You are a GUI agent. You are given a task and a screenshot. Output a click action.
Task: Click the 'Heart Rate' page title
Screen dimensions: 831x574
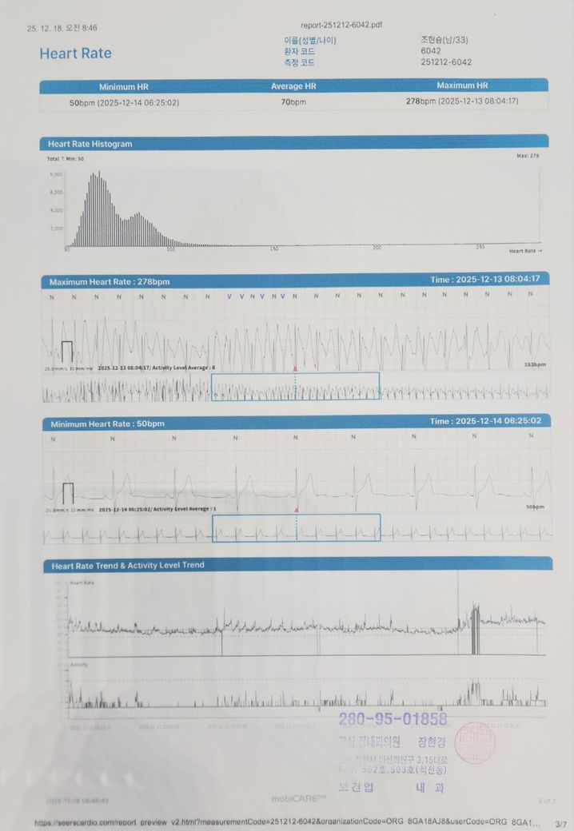pos(75,54)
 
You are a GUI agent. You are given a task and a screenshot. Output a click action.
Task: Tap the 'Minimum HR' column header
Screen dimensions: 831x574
pos(123,86)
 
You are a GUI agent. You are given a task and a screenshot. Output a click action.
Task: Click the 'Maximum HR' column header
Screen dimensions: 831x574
pos(462,85)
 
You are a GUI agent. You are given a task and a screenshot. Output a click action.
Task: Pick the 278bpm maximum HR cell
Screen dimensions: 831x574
pos(462,101)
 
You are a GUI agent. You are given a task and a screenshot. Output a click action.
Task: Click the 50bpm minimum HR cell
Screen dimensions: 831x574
pos(124,103)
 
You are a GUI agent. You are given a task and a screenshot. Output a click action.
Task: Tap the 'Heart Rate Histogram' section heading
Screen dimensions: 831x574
pos(90,144)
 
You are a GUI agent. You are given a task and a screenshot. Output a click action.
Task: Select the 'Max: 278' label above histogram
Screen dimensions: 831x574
pos(528,156)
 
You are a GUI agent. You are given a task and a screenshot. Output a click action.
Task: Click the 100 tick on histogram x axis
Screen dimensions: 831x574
pos(170,249)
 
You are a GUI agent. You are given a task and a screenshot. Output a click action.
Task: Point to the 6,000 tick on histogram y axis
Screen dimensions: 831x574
pos(56,174)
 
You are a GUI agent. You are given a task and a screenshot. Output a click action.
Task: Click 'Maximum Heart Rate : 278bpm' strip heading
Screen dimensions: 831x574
pos(109,282)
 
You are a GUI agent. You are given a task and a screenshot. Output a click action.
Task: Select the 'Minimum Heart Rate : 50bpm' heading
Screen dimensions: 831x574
pos(107,423)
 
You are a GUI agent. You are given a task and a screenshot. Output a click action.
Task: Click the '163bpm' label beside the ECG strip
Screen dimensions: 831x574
pos(535,364)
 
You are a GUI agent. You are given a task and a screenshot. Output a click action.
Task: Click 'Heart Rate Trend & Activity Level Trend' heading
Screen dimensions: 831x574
pos(128,565)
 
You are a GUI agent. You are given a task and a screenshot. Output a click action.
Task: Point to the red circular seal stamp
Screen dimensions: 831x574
pos(474,743)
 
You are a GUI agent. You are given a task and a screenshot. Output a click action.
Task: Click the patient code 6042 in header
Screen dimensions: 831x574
pos(431,50)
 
